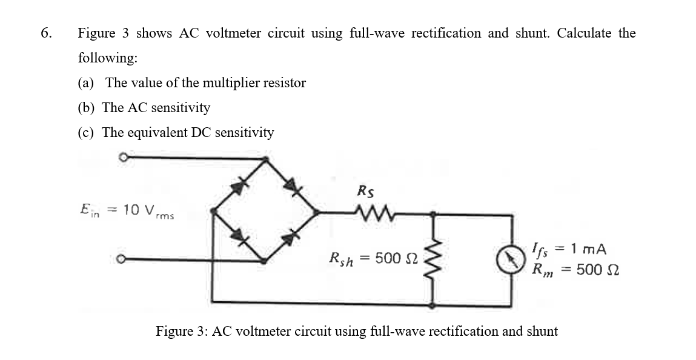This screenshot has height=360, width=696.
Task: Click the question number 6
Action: pyautogui.click(x=45, y=33)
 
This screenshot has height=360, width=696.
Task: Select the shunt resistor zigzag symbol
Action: pyautogui.click(x=432, y=259)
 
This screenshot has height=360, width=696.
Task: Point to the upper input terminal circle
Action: pyautogui.click(x=122, y=158)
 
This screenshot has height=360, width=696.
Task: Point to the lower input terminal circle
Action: pyautogui.click(x=122, y=261)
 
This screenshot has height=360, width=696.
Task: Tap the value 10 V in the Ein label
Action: pyautogui.click(x=139, y=210)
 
